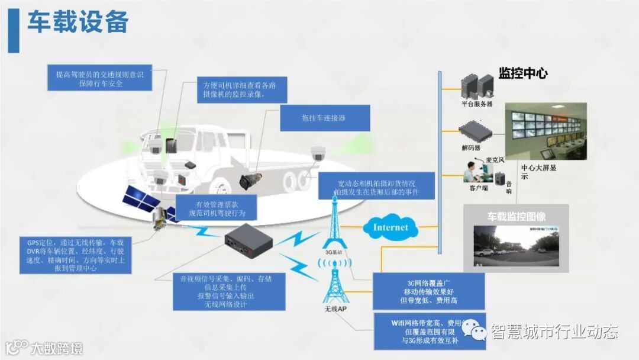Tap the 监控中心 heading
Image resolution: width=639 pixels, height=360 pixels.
click(x=522, y=73)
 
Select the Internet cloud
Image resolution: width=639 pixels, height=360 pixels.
click(x=390, y=227)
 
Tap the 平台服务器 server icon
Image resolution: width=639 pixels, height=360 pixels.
click(x=476, y=86)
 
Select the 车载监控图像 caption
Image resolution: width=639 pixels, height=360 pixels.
click(x=516, y=216)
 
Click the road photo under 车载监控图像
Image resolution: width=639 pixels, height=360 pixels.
click(x=516, y=245)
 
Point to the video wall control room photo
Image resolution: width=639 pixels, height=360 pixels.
click(x=546, y=131)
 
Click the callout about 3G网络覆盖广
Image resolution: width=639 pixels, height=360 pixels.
click(x=428, y=291)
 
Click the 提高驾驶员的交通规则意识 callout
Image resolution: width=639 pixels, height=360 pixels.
click(x=99, y=79)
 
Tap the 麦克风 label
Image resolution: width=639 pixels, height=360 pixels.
click(x=494, y=160)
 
